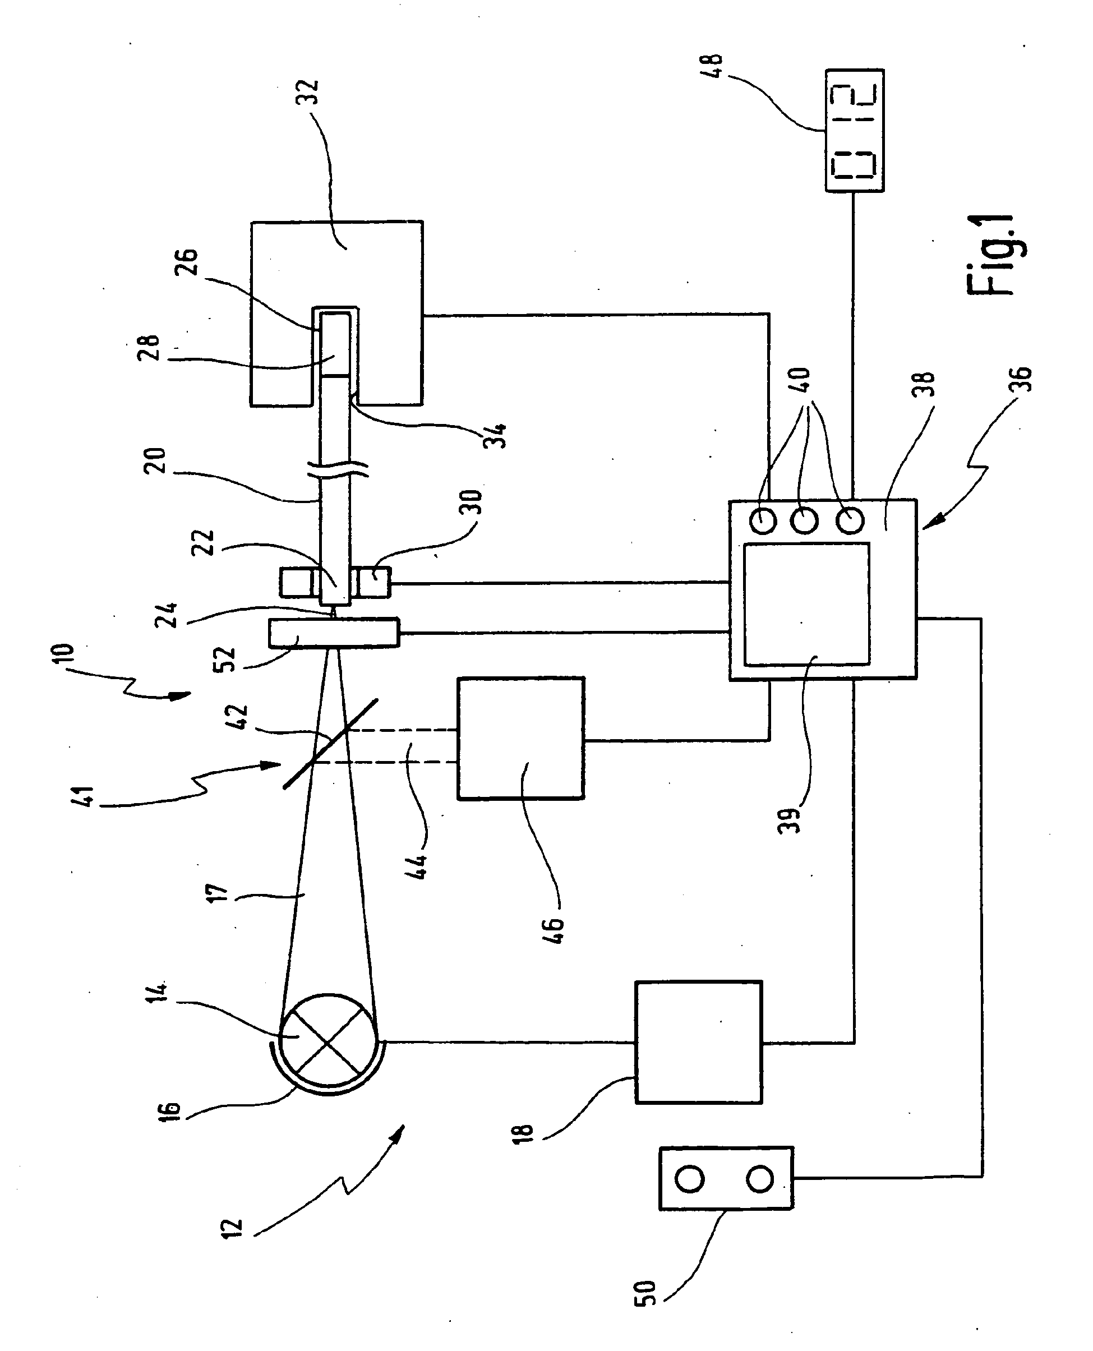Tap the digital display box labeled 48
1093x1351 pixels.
[x=854, y=130]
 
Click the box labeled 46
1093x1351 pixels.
[x=520, y=739]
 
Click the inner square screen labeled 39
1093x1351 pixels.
[x=806, y=605]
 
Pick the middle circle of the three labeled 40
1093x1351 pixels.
[x=805, y=520]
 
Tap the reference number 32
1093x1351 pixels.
[x=308, y=93]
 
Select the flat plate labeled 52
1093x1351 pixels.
[x=334, y=633]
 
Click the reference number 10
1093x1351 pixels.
[x=67, y=657]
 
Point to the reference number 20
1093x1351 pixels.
[x=156, y=460]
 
